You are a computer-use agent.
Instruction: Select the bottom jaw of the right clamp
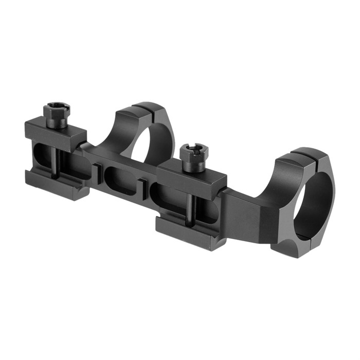click(190, 234)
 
